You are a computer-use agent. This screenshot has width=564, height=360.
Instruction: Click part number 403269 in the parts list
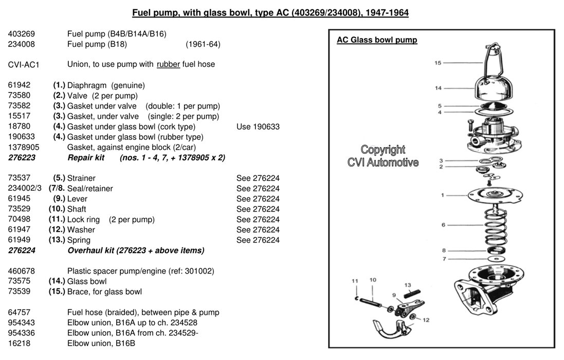tap(21, 34)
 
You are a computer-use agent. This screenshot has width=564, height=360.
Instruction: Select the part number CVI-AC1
tap(24, 65)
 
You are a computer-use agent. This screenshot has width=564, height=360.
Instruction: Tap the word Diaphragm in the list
tap(88, 85)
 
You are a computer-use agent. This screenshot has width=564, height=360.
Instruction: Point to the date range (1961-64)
tap(203, 44)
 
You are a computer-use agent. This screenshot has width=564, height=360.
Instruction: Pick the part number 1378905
tap(24, 147)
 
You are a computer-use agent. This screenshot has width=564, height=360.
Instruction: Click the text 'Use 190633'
tap(258, 127)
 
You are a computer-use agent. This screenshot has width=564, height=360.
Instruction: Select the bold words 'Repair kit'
tap(86, 157)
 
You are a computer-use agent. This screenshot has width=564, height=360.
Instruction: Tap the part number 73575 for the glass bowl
tap(19, 281)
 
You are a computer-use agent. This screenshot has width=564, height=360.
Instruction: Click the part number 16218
tap(19, 343)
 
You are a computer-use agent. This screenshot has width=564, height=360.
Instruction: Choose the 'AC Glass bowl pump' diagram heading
tap(377, 40)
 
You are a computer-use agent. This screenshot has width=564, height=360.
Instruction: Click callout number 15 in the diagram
tap(438, 63)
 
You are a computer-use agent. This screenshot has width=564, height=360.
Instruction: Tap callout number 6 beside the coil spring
tap(443, 225)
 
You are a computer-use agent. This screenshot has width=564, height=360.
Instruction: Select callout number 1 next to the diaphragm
tap(443, 195)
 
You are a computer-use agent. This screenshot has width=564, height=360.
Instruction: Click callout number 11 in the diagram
tap(354, 281)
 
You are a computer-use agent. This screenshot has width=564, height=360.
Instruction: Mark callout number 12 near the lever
tap(426, 320)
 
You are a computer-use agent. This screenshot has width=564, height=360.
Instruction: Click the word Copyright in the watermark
tap(383, 150)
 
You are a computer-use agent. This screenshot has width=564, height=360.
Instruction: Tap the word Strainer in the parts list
tap(81, 178)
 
